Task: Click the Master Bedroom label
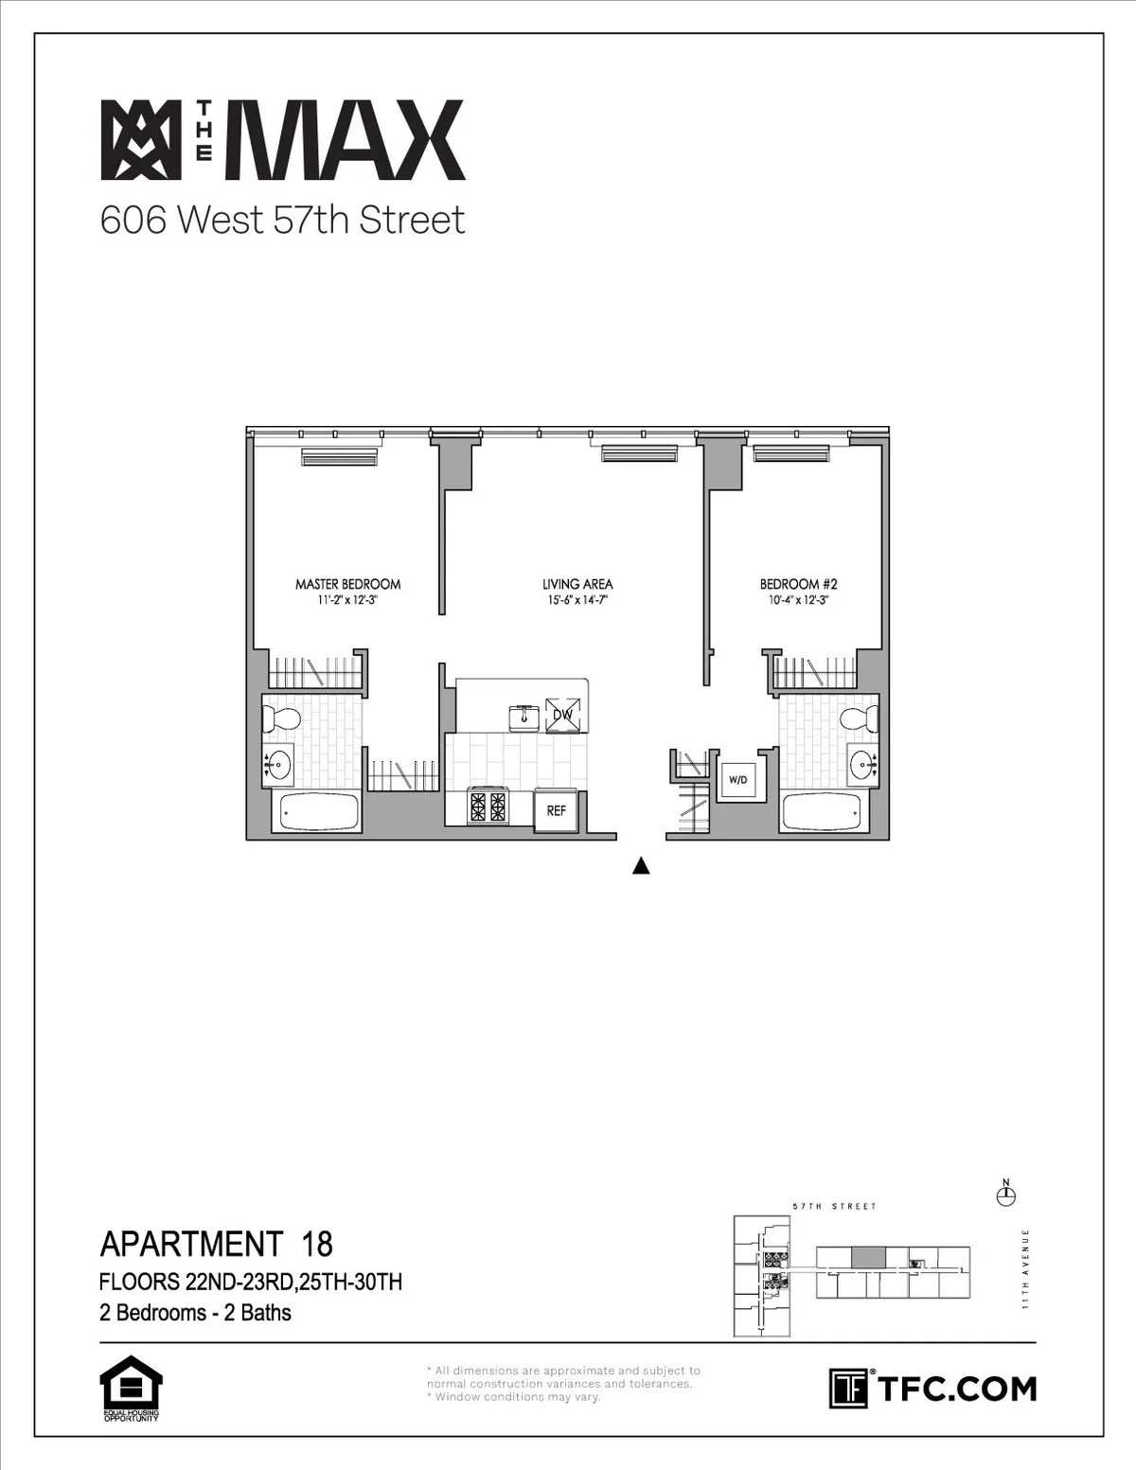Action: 347,585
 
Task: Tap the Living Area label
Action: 577,585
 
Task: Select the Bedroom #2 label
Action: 798,585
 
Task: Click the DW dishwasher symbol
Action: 563,716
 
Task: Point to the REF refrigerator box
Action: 556,811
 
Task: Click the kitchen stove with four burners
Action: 488,807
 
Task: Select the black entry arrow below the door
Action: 641,864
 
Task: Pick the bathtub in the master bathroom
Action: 315,812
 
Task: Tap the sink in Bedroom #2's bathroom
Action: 861,762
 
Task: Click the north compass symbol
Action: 1006,1195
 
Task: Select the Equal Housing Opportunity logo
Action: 131,1390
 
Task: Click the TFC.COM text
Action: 956,1390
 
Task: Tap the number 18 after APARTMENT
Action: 316,1243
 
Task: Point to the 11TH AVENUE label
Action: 1025,1268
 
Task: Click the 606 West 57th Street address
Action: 282,221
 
